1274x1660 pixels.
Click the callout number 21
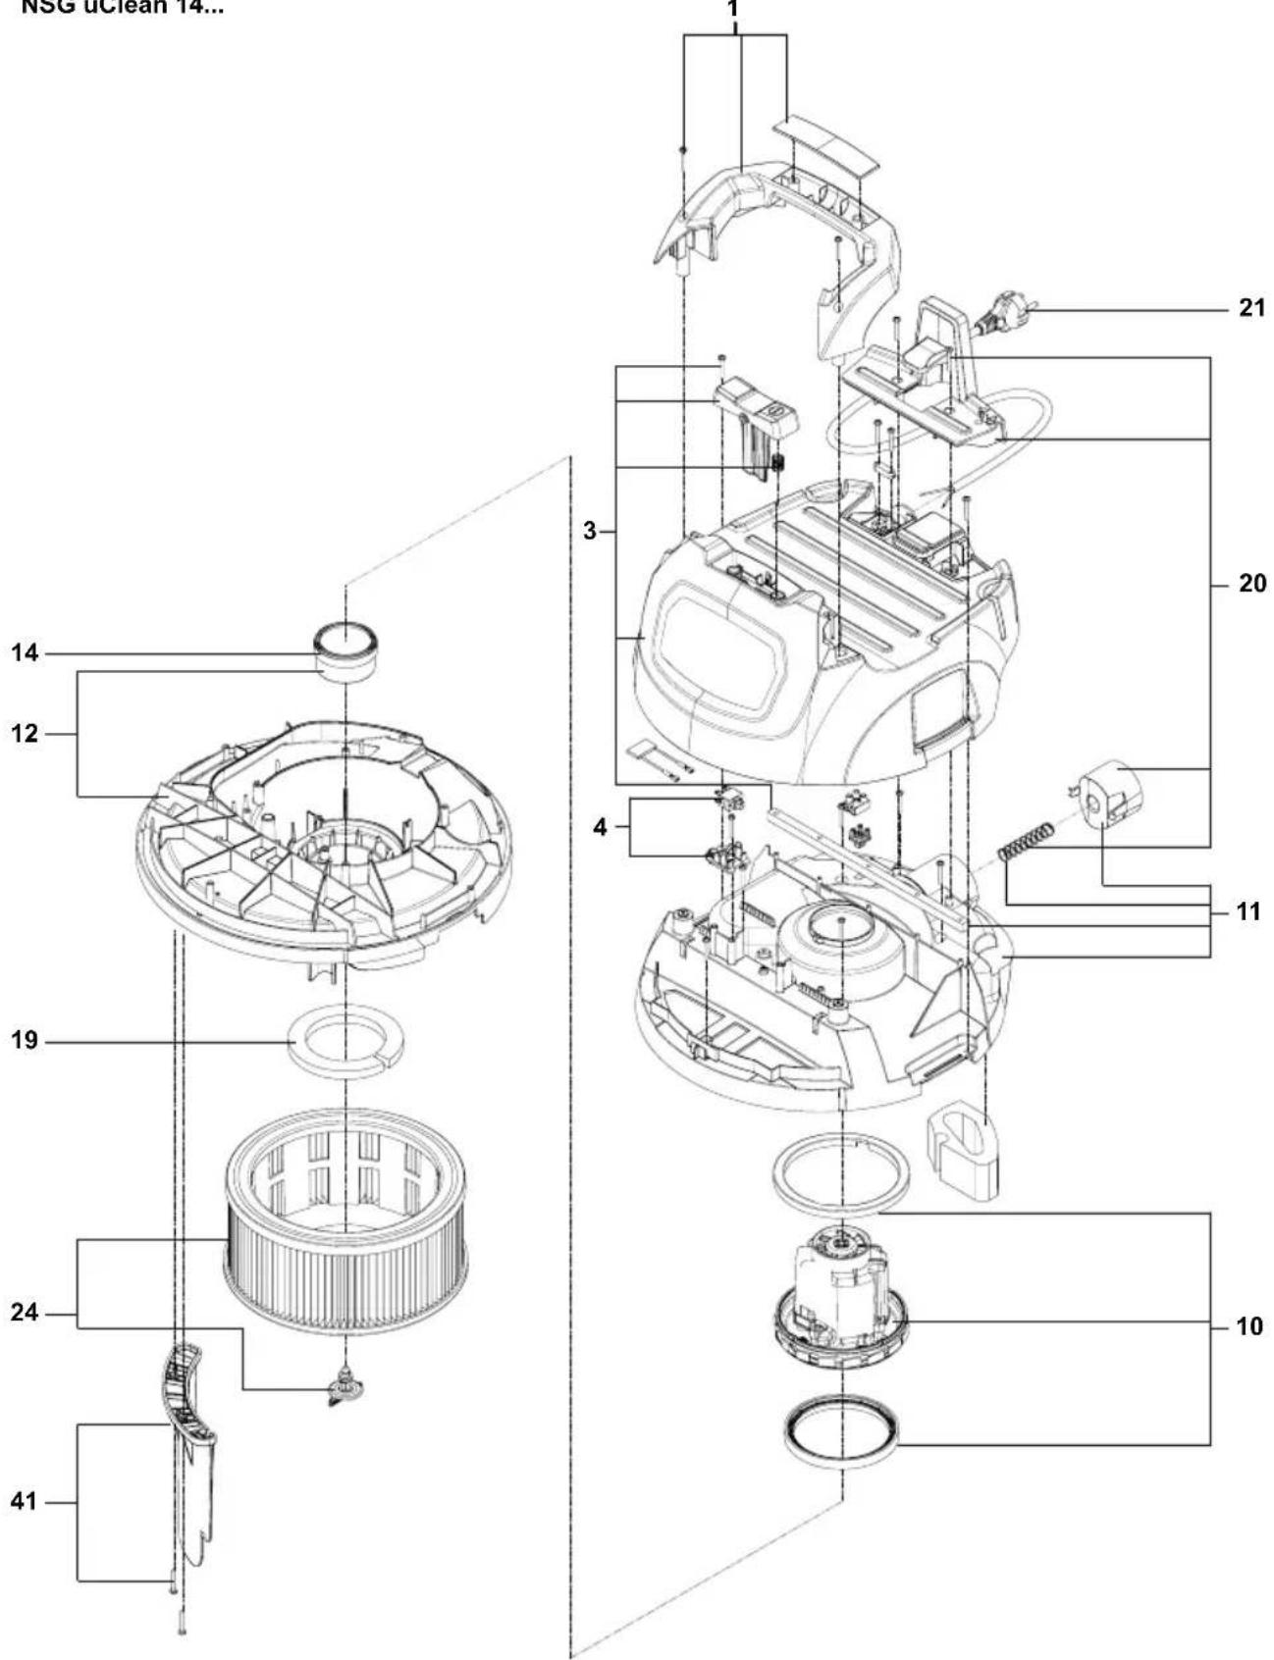(1251, 309)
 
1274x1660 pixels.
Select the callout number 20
(1251, 585)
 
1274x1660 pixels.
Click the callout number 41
(25, 1502)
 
